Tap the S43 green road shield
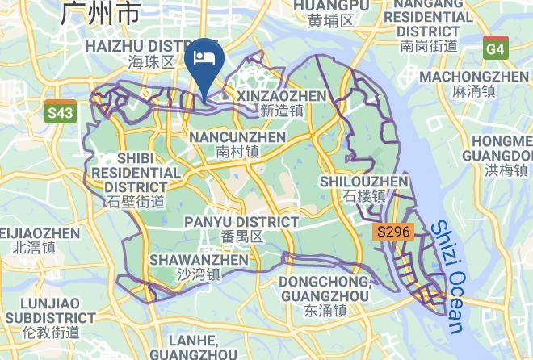(60, 114)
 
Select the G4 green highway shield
(496, 50)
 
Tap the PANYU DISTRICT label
(241, 222)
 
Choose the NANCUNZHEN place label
(237, 137)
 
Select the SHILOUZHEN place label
(364, 182)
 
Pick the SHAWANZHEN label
(199, 260)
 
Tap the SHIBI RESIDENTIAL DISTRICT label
(136, 172)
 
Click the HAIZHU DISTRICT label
(152, 46)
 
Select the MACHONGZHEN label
(485, 76)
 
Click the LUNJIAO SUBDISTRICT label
(40, 310)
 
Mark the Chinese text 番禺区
(241, 237)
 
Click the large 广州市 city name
(100, 13)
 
